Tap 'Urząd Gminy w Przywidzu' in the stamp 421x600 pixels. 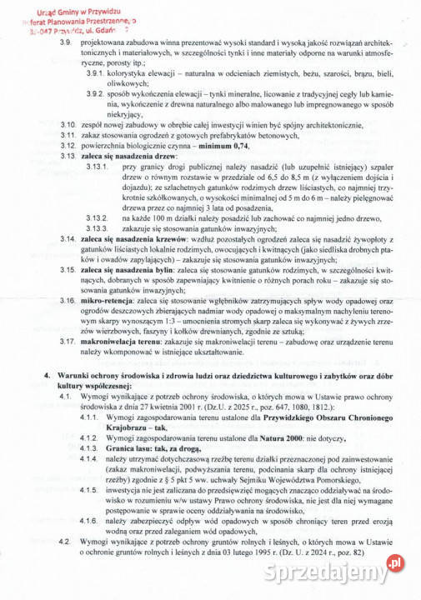click(58, 5)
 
